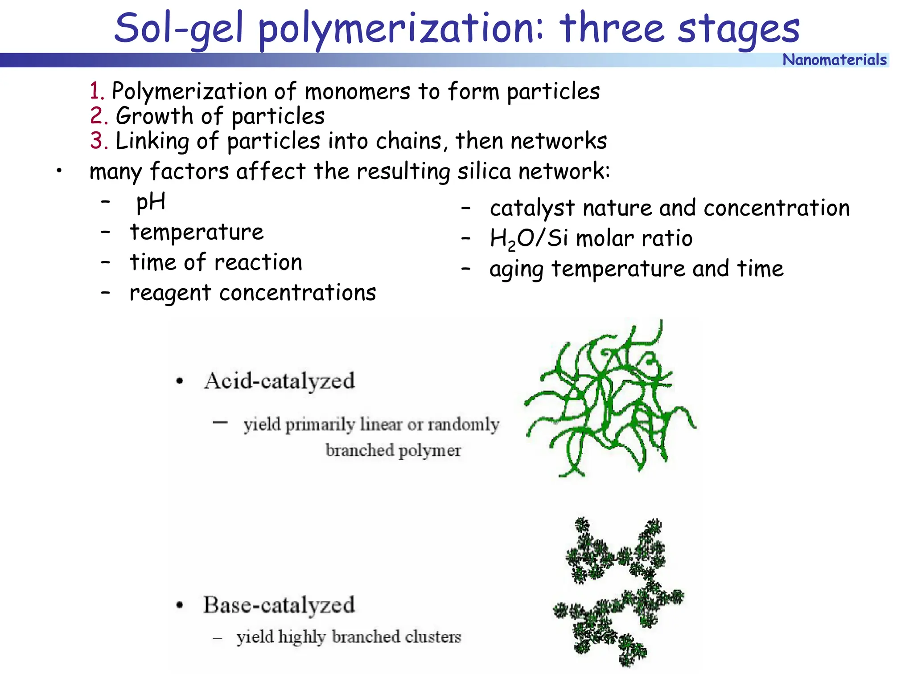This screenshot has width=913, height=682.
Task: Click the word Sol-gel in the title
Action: pyautogui.click(x=178, y=29)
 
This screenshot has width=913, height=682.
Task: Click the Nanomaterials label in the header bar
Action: pyautogui.click(x=835, y=60)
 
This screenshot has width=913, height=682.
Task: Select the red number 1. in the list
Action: pyautogui.click(x=97, y=91)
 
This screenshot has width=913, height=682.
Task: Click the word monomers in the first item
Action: pyautogui.click(x=357, y=91)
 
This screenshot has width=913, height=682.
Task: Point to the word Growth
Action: pyautogui.click(x=154, y=116)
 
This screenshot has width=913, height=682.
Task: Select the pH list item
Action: pyautogui.click(x=151, y=202)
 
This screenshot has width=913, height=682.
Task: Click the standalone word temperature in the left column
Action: pyautogui.click(x=197, y=232)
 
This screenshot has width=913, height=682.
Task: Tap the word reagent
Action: pyautogui.click(x=170, y=293)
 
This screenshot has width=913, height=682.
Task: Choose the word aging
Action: pyautogui.click(x=516, y=269)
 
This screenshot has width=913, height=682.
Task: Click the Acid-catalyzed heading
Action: pyautogui.click(x=279, y=381)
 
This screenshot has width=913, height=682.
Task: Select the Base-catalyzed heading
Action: pyautogui.click(x=279, y=605)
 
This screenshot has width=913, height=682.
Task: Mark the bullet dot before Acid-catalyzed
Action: pyautogui.click(x=180, y=381)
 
